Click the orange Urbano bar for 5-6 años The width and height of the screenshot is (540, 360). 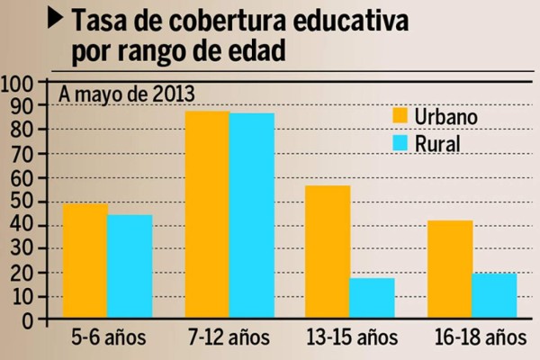click(x=85, y=261)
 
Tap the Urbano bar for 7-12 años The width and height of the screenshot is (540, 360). click(x=207, y=215)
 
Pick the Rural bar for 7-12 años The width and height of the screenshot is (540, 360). click(x=252, y=216)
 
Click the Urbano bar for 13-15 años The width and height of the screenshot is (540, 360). click(x=328, y=252)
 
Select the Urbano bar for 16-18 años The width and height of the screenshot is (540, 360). click(x=450, y=269)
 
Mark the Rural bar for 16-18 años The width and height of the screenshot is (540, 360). click(x=494, y=296)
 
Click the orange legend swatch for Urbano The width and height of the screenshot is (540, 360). click(x=401, y=116)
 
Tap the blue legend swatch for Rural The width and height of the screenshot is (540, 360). click(x=401, y=142)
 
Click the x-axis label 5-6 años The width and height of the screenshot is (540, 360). click(x=106, y=340)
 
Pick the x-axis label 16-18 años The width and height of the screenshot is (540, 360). click(x=471, y=340)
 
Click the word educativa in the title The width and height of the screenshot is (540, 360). click(x=324, y=20)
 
